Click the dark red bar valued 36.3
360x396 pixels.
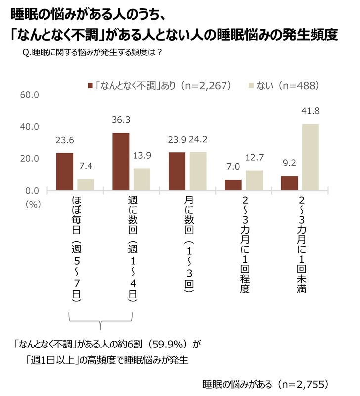(121, 162)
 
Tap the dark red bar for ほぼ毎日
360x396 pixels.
(64, 172)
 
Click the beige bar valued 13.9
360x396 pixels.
(142, 180)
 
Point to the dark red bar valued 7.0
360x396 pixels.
(233, 185)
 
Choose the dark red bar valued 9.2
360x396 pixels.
(289, 183)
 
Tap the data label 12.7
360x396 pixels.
(254, 158)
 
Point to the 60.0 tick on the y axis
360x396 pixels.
(29, 95)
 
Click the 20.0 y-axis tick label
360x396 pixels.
(29, 159)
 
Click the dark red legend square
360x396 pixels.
(90, 86)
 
